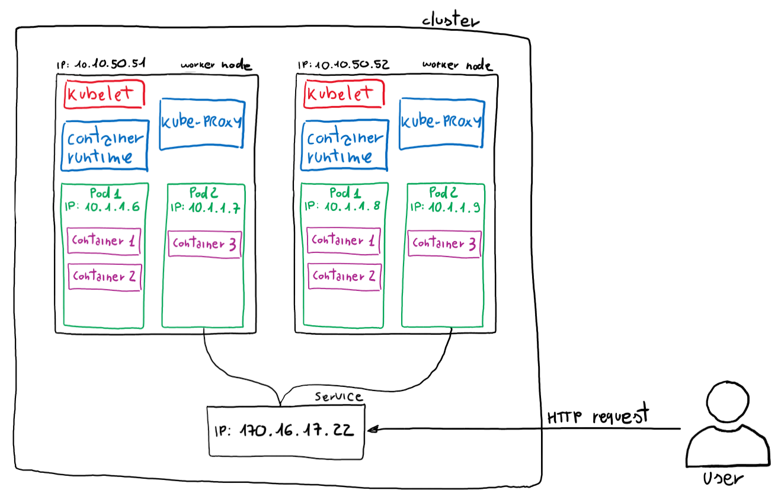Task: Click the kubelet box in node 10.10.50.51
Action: point(104,95)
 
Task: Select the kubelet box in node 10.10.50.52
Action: point(344,94)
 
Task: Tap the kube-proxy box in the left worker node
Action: point(201,123)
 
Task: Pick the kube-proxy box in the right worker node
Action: point(441,123)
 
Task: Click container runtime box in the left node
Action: point(105,147)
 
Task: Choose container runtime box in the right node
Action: point(345,146)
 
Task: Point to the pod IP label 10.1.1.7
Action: point(204,207)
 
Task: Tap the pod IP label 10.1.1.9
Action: point(445,207)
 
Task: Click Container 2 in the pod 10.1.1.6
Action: point(105,277)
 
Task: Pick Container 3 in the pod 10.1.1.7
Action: point(204,244)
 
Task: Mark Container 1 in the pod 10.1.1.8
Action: point(344,241)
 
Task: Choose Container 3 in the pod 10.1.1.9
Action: point(444,244)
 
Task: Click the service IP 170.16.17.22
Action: point(285,430)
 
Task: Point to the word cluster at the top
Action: point(450,20)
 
